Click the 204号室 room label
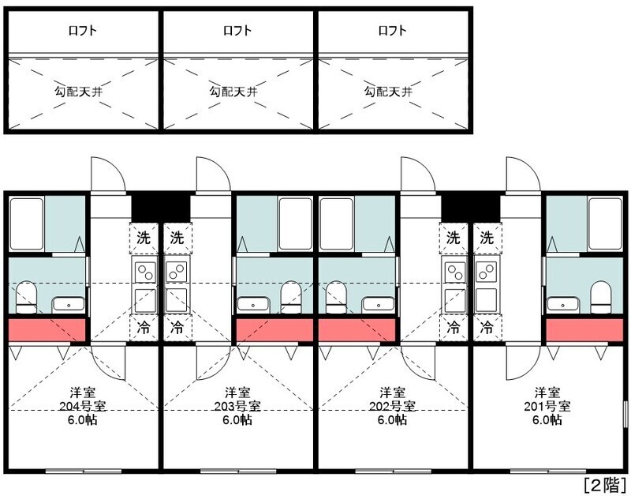pyautogui.click(x=83, y=406)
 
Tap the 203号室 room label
pyautogui.click(x=237, y=406)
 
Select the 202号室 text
pyautogui.click(x=392, y=406)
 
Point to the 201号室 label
pyautogui.click(x=547, y=406)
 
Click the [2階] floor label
pyautogui.click(x=603, y=483)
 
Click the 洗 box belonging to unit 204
pyautogui.click(x=143, y=236)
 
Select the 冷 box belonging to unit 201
pyautogui.click(x=487, y=326)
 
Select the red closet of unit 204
pyautogui.click(x=47, y=330)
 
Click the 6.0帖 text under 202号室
pyautogui.click(x=392, y=420)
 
